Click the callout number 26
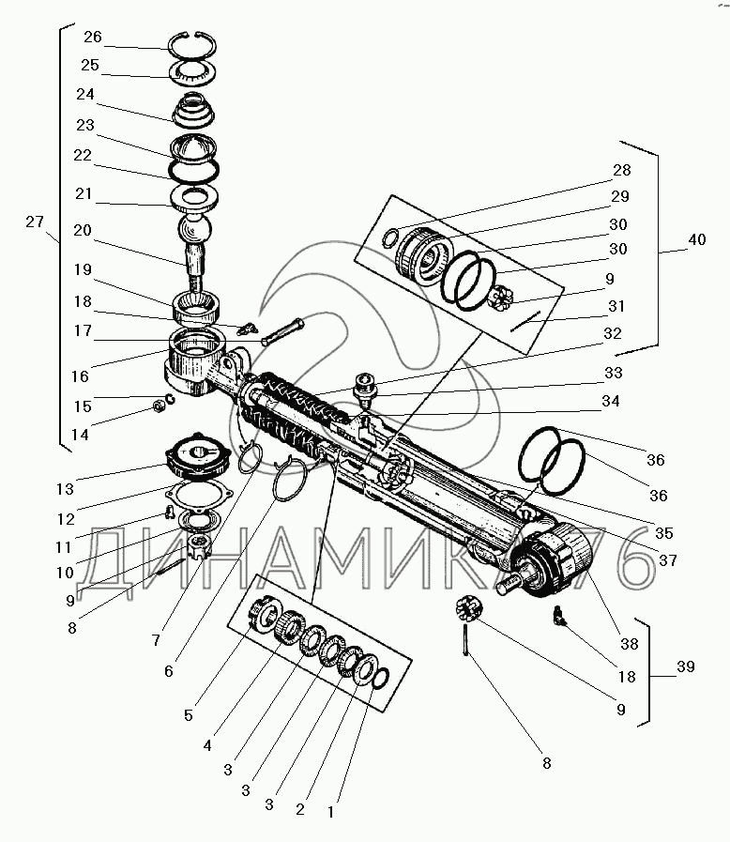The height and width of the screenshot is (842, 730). coord(92,37)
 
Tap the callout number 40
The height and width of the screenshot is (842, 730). coord(697,239)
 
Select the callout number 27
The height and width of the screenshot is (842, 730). coord(35,222)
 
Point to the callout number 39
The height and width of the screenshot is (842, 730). coord(686,666)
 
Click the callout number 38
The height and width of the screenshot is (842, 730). coord(629,643)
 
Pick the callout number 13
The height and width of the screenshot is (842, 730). coord(65,489)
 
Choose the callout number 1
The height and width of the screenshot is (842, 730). coord(330,812)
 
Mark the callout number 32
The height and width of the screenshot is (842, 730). coord(613,333)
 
